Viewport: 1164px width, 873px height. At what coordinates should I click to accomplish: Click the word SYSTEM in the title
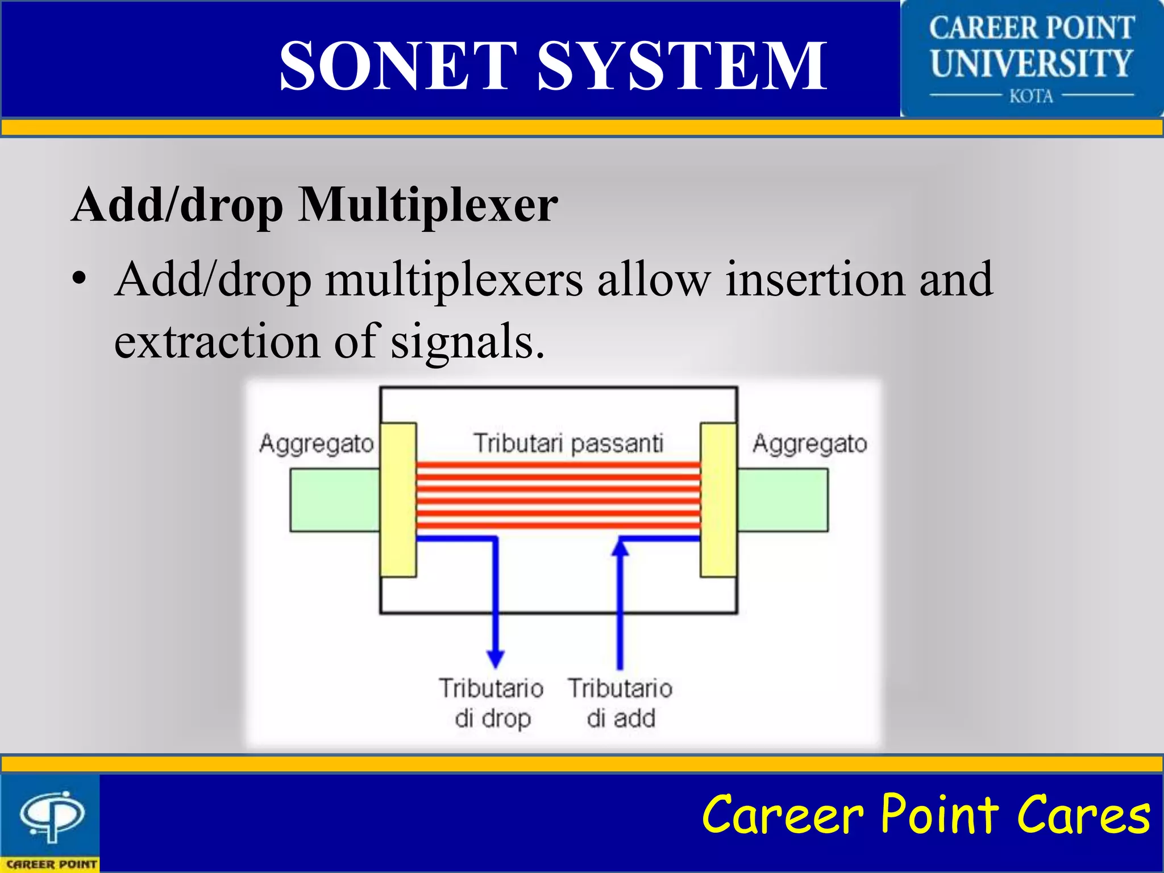(682, 65)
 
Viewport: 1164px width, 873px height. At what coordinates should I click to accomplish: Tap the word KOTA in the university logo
(1031, 96)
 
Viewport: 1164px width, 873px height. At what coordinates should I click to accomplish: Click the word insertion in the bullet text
(815, 279)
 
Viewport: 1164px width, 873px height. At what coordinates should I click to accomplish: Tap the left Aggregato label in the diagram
(316, 443)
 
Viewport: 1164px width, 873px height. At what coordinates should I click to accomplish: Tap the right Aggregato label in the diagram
(809, 443)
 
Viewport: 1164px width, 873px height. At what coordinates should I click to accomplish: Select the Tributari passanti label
(568, 443)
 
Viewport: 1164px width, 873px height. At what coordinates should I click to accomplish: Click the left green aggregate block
(334, 500)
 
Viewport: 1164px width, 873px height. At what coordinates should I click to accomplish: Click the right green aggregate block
(782, 500)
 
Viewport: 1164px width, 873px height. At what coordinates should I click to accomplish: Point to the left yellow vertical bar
(398, 500)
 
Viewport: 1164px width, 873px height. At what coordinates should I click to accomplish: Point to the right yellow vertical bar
(718, 500)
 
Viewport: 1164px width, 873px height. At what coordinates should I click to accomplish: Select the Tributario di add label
(620, 703)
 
